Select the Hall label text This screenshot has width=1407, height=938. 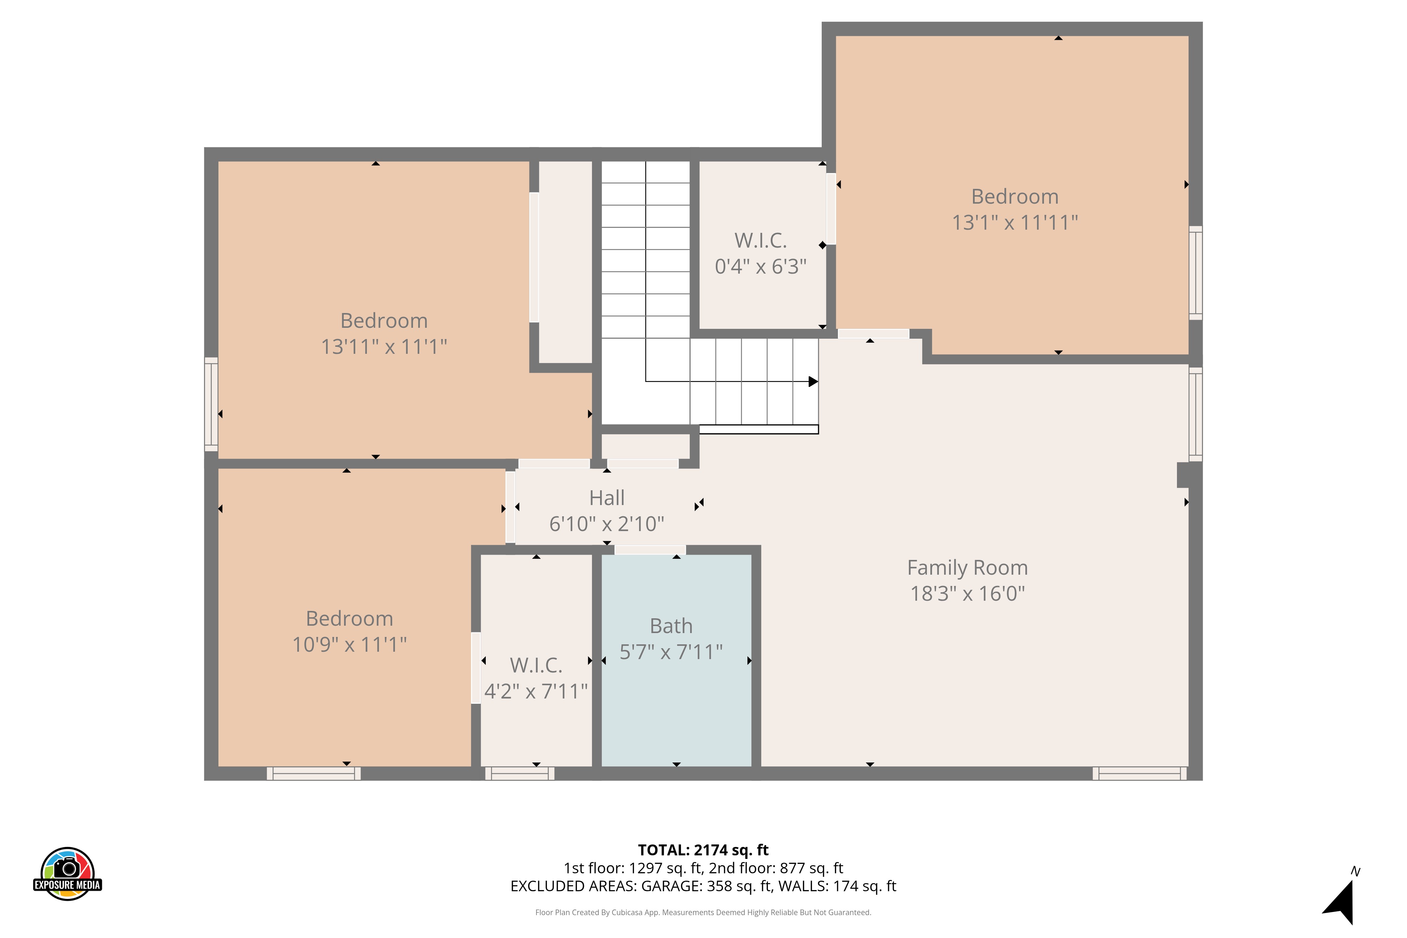coord(606,498)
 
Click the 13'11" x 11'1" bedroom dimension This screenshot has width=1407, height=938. coord(384,346)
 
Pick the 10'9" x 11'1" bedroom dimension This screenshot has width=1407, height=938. coord(349,644)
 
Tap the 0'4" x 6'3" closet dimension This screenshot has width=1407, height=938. coord(760,266)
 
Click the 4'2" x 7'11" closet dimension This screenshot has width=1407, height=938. coord(536,691)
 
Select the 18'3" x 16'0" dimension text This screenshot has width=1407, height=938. coord(967,593)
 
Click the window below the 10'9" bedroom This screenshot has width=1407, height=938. coord(313,773)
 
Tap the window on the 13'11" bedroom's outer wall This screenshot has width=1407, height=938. coord(211,404)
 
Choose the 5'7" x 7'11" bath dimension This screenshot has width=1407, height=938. coord(671,652)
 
